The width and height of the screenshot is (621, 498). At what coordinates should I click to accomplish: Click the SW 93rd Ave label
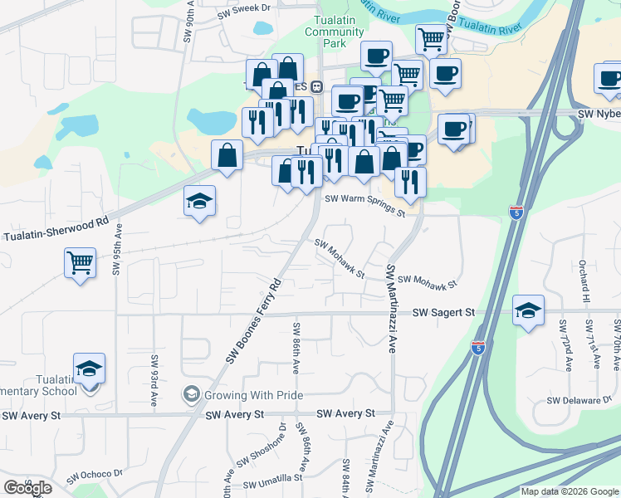coord(154,380)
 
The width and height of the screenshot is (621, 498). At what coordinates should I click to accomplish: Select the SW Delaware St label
coord(579,400)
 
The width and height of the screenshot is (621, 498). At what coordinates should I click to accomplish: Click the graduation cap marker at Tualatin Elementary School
coord(90,368)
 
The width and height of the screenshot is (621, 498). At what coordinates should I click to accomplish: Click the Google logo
coord(27,488)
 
